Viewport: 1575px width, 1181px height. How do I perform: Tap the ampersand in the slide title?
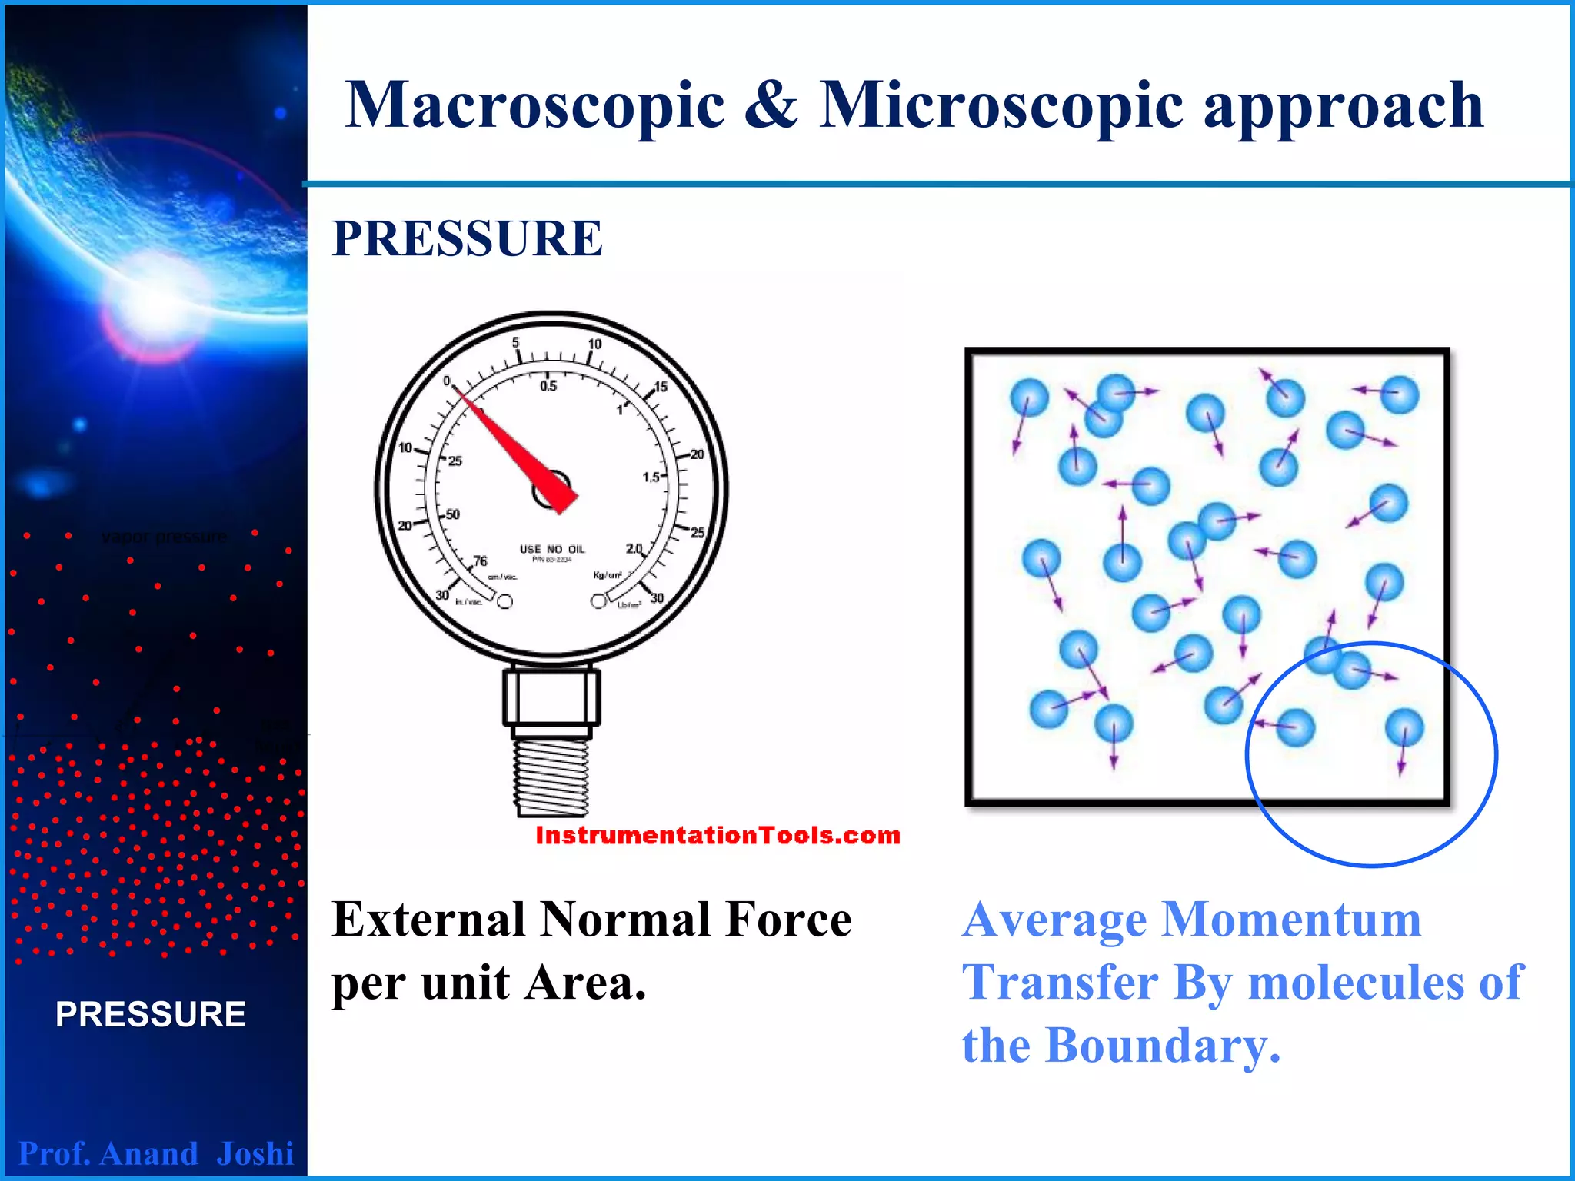click(771, 105)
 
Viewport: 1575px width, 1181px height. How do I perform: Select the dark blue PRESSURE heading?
click(467, 238)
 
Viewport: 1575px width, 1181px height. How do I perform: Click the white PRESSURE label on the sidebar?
click(151, 1014)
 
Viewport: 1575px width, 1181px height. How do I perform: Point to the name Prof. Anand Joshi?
click(156, 1153)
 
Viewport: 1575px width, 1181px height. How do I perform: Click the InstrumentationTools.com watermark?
click(718, 835)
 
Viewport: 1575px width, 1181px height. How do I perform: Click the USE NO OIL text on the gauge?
click(552, 549)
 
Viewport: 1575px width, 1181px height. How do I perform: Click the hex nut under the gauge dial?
click(551, 696)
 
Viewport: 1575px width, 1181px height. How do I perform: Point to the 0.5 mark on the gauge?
click(548, 386)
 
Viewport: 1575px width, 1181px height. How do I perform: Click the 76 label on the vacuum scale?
click(480, 561)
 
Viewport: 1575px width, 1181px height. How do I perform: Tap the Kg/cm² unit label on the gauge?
click(607, 575)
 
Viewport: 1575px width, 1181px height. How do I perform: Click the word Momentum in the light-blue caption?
click(1290, 920)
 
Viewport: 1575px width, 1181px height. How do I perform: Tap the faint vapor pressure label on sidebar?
click(164, 536)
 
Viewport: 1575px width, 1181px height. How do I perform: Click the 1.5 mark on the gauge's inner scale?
click(651, 477)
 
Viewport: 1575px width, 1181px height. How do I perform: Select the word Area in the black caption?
click(584, 983)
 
